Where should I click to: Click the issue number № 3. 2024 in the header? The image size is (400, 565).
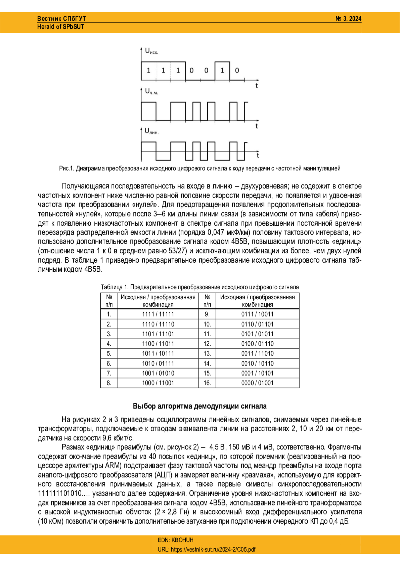348,19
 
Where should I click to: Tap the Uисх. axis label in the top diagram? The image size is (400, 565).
151,51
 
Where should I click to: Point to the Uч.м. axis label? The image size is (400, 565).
151,91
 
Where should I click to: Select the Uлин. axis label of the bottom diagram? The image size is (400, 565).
151,131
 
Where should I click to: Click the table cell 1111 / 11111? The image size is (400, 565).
158,314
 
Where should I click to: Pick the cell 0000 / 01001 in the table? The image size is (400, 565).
257,383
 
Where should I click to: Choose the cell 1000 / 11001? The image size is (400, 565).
158,383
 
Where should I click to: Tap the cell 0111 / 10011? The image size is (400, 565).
257,314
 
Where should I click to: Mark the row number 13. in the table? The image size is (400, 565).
207,353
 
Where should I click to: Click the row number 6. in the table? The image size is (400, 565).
109,363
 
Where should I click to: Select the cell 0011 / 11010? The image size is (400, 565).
257,353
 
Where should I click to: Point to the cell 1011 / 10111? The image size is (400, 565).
158,353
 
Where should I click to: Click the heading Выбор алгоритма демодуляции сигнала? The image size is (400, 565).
200,406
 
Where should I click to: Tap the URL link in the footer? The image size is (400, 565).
207,549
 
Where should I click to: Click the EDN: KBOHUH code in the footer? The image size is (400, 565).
176,540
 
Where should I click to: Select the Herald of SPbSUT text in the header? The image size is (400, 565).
61,27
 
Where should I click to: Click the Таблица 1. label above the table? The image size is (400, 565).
115,287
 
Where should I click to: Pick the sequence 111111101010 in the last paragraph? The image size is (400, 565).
60,493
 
